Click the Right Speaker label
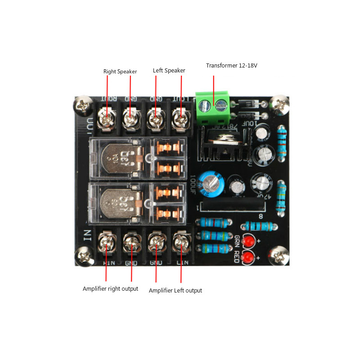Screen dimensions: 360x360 [x=120, y=72]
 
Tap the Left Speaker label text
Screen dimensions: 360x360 [x=169, y=71]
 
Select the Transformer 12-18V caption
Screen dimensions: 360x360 [x=231, y=66]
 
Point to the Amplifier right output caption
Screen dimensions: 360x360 [x=110, y=288]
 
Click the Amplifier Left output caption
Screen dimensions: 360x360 [x=175, y=291]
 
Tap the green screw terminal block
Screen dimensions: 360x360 [x=212, y=108]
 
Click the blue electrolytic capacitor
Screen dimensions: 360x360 [x=211, y=182]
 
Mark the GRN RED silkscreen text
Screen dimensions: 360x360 [x=237, y=248]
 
